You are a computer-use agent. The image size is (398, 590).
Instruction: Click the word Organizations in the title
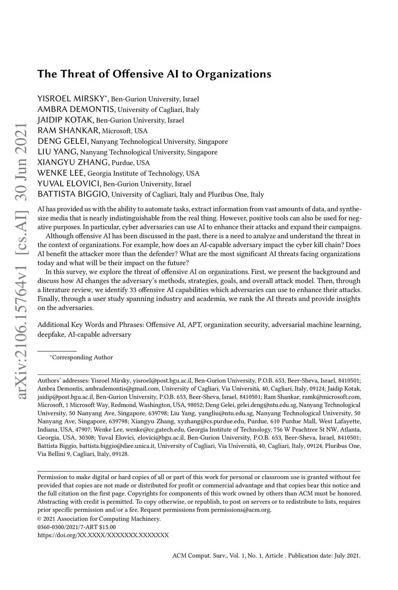pyautogui.click(x=233, y=74)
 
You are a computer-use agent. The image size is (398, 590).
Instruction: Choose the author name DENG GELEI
pyautogui.click(x=63, y=141)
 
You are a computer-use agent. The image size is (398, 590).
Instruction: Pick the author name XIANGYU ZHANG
pyautogui.click(x=73, y=163)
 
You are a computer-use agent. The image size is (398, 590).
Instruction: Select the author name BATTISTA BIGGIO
pyautogui.click(x=73, y=194)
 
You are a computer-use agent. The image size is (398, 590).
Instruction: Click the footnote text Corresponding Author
pyautogui.click(x=82, y=357)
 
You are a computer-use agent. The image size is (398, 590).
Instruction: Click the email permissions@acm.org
pyautogui.click(x=241, y=510)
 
